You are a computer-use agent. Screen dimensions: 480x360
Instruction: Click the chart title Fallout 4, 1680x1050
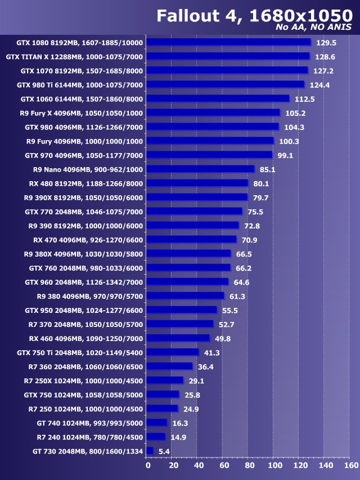tap(254, 15)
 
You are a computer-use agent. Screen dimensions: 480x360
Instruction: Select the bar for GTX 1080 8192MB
tap(228, 42)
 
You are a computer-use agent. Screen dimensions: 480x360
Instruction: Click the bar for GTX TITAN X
tap(228, 56)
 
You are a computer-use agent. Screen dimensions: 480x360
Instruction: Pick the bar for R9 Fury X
tap(213, 113)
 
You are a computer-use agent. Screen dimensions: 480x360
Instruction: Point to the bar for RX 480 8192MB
tap(197, 183)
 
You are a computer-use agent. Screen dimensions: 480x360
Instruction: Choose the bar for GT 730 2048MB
tap(150, 451)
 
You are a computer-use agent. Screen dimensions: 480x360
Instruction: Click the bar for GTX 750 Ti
tap(173, 352)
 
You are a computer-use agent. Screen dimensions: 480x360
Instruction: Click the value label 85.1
tap(268, 169)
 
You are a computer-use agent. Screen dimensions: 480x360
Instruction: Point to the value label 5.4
tap(164, 451)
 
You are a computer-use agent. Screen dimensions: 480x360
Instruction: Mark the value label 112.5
tap(304, 99)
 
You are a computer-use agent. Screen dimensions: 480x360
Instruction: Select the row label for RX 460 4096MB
tap(86, 338)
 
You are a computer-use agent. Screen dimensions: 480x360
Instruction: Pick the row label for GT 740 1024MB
tap(88, 423)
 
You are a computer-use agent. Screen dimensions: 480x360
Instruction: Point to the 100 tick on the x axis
tap(274, 466)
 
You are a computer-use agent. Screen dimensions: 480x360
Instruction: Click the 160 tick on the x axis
tap(350, 466)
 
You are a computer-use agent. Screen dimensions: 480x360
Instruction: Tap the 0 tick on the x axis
tap(148, 466)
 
